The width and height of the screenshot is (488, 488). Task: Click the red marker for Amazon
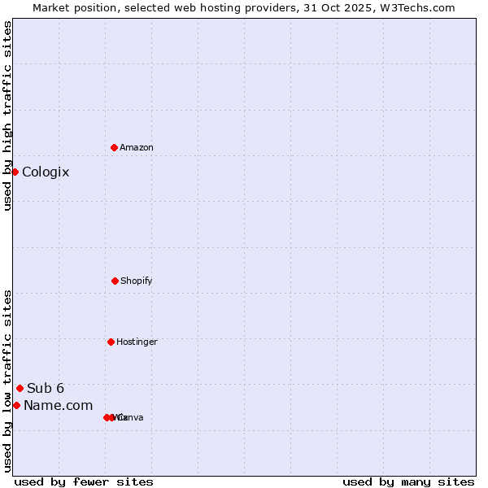coord(114,147)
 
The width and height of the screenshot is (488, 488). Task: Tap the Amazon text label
coord(137,147)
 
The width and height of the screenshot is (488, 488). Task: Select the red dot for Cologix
coord(15,172)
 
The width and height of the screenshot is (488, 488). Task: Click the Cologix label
coord(46,172)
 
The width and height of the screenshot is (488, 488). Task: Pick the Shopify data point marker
coord(115,281)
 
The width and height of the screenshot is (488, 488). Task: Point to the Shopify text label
coord(137,281)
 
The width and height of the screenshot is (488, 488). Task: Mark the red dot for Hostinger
coord(111,342)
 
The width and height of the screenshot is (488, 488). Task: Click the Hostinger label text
coord(137,342)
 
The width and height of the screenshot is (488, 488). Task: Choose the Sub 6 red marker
coord(20,388)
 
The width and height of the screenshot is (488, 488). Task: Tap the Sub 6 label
coord(46,388)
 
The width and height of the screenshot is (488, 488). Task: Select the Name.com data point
coord(16,405)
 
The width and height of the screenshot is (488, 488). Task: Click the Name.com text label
coord(58,405)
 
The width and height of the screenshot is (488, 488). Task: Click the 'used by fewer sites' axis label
coord(84,481)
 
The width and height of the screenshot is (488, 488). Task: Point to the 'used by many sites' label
coord(408,481)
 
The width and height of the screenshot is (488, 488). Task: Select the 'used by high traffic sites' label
coord(7,115)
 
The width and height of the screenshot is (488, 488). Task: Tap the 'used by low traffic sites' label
coord(7,380)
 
